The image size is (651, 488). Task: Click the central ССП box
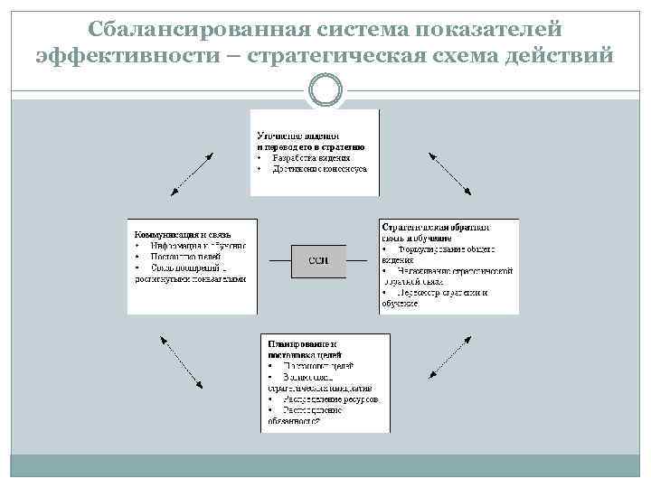(x=317, y=261)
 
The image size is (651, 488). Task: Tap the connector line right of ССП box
(x=362, y=262)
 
